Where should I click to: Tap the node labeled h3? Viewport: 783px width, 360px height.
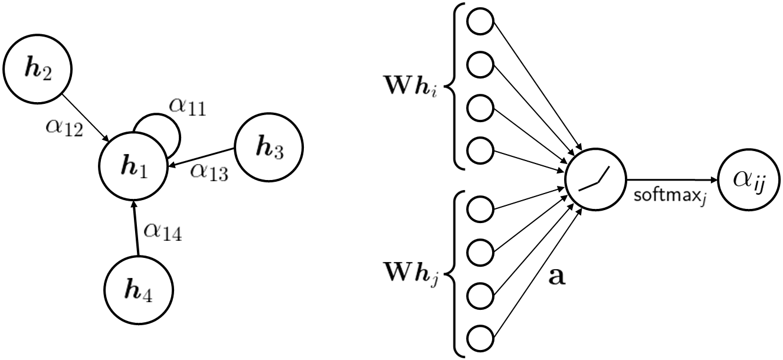click(268, 145)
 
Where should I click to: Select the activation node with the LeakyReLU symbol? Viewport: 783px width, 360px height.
click(595, 180)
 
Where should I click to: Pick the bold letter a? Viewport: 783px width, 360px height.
click(557, 276)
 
